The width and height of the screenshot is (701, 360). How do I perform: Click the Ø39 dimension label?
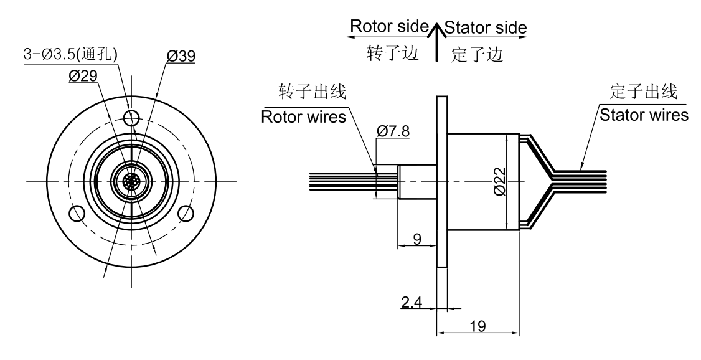(x=181, y=56)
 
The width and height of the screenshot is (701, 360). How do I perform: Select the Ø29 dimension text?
(x=83, y=76)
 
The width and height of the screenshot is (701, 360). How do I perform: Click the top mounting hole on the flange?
(x=131, y=117)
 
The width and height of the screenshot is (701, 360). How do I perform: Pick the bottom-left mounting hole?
(x=77, y=214)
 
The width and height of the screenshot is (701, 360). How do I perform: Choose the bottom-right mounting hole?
(x=185, y=214)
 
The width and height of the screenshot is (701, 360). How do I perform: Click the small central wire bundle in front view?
(x=131, y=181)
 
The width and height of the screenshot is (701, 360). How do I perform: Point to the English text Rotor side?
(x=390, y=27)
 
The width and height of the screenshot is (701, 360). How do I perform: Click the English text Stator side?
(x=486, y=27)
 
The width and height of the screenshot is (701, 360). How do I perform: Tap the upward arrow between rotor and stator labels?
(x=438, y=44)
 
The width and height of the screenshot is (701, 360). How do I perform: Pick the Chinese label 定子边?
(x=477, y=55)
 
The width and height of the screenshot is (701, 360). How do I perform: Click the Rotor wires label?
(x=303, y=117)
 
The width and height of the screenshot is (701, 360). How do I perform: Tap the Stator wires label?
(x=643, y=115)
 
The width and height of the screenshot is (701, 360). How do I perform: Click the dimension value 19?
(x=479, y=326)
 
